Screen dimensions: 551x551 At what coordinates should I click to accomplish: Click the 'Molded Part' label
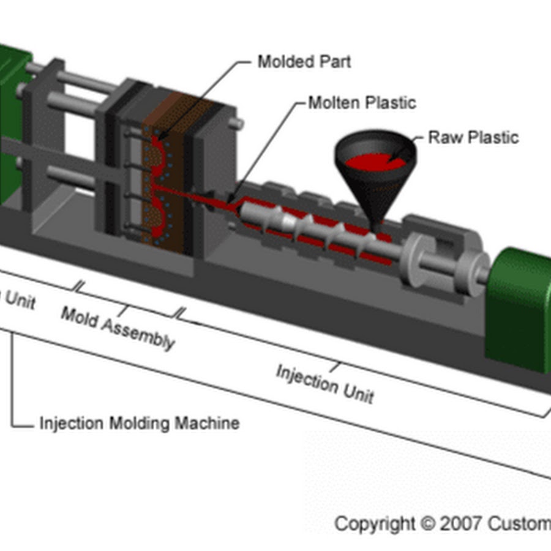click(x=304, y=62)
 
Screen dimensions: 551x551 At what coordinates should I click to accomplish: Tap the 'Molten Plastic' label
click(x=361, y=102)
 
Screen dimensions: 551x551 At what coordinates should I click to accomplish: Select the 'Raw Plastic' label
click(x=473, y=137)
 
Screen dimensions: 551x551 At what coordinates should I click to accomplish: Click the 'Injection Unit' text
click(x=324, y=383)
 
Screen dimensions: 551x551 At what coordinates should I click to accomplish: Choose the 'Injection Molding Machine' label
click(x=139, y=423)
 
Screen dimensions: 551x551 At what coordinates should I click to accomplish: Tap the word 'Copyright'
click(x=374, y=524)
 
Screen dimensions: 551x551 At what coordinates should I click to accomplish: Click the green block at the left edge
click(x=11, y=122)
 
